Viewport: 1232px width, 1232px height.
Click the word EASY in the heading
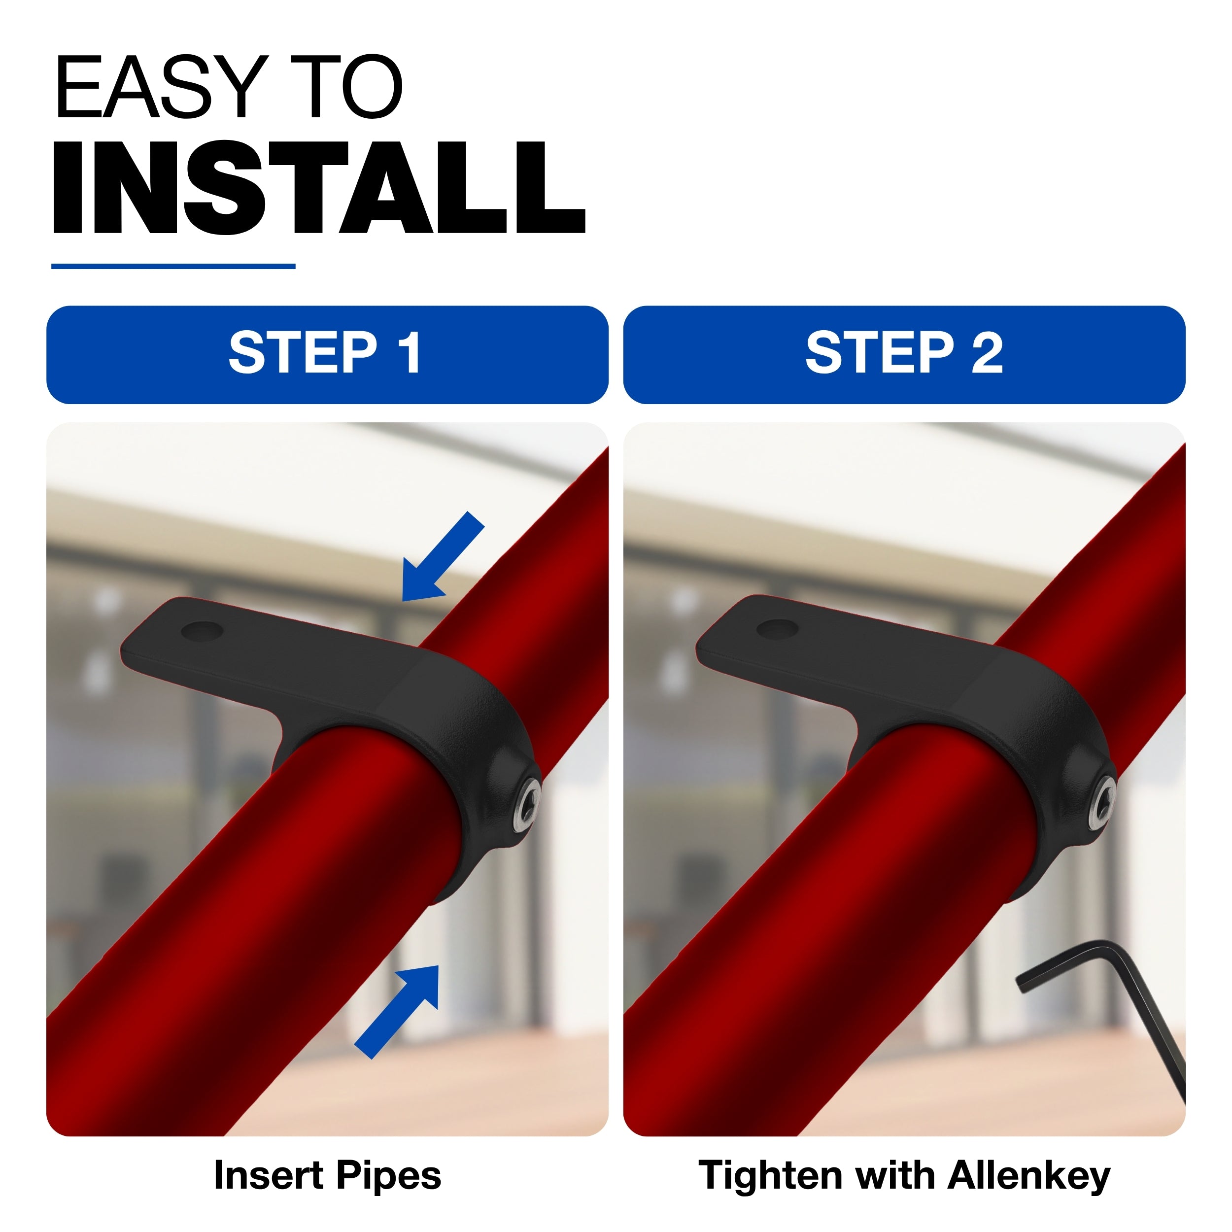point(159,87)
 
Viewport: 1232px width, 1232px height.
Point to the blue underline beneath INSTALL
point(173,266)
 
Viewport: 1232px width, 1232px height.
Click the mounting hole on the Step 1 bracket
point(202,631)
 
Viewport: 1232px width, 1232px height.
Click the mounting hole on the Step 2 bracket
point(777,629)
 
